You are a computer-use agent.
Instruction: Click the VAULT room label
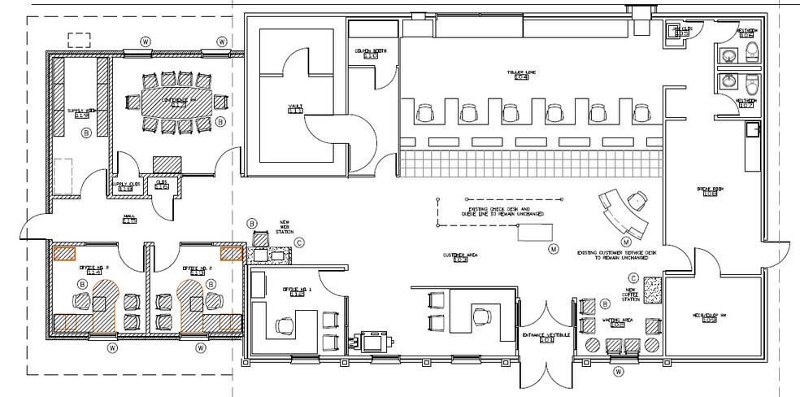coord(294,107)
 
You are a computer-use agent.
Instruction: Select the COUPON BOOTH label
coord(370,52)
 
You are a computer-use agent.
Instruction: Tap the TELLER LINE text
coord(520,73)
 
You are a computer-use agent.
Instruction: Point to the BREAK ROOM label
coord(709,190)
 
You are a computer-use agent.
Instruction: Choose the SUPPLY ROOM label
coord(81,111)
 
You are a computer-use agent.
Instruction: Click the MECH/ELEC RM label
coord(709,316)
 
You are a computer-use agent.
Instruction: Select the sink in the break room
coord(753,129)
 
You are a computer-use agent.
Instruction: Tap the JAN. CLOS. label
coord(683,28)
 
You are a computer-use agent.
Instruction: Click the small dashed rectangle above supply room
coord(79,39)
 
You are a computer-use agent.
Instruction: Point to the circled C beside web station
coord(299,241)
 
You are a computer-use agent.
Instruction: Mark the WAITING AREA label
coord(620,321)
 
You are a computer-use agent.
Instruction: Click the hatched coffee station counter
coord(652,288)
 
